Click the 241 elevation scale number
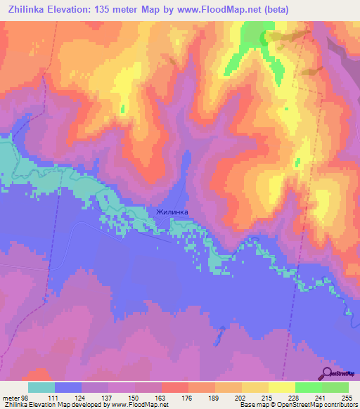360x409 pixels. click(321, 398)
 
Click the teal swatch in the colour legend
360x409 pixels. click(41, 387)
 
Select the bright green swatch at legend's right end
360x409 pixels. click(335, 387)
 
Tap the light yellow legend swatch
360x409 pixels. click(281, 387)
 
